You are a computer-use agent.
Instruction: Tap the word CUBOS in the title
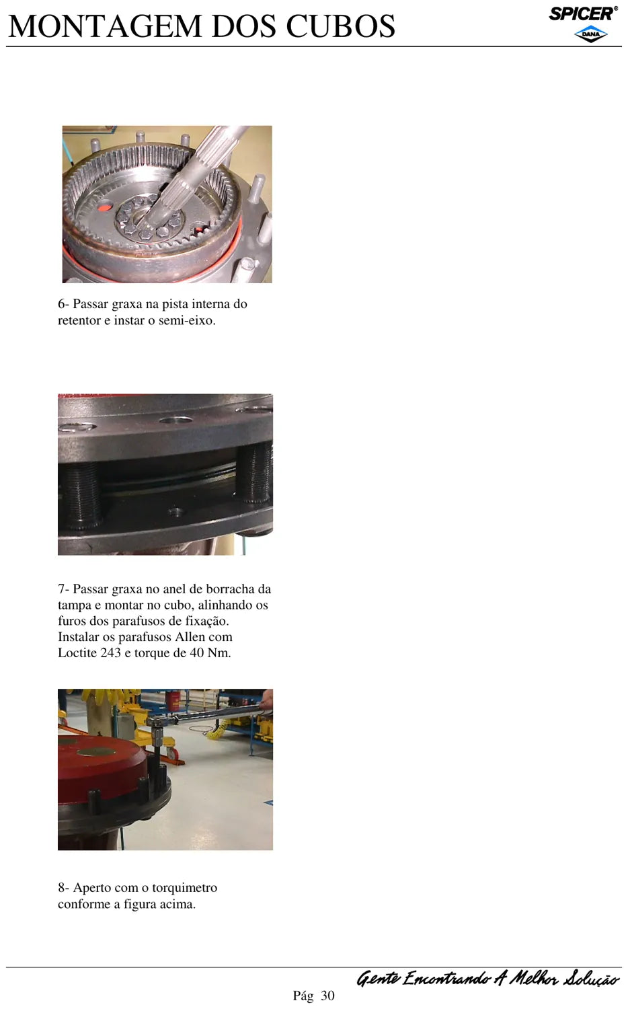pyautogui.click(x=341, y=26)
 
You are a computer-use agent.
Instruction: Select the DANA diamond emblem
pyautogui.click(x=590, y=34)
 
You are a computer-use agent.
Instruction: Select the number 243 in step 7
pyautogui.click(x=110, y=652)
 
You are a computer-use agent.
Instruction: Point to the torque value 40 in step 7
pyautogui.click(x=197, y=652)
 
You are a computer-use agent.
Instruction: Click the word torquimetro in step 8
pyautogui.click(x=185, y=888)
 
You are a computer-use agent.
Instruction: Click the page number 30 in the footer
pyautogui.click(x=327, y=996)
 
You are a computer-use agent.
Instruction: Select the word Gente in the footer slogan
pyautogui.click(x=377, y=978)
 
